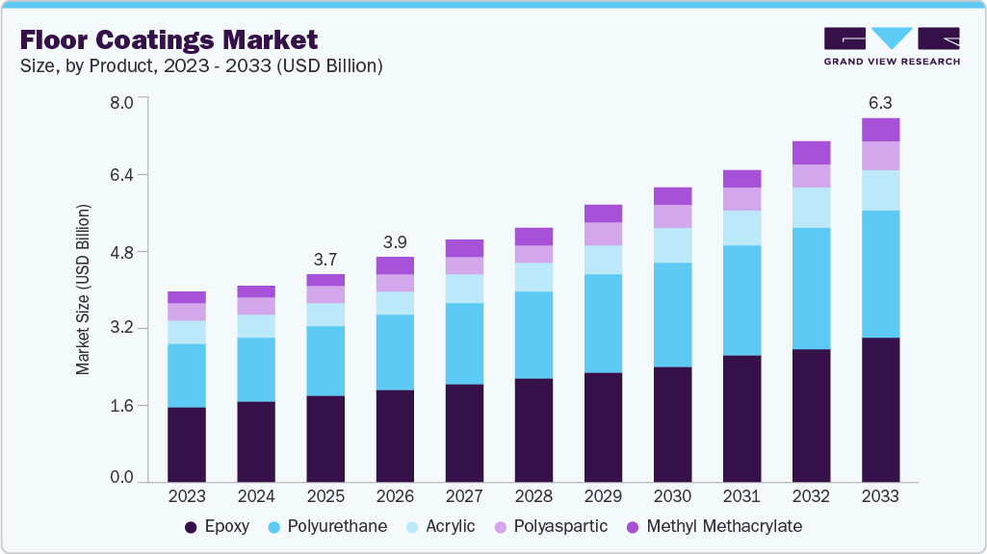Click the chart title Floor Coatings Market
(x=169, y=39)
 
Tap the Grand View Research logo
(x=891, y=46)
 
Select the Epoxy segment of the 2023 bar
(x=187, y=444)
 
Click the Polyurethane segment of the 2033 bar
(x=880, y=274)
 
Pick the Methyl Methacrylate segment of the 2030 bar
(x=672, y=196)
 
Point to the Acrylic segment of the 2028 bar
(x=533, y=277)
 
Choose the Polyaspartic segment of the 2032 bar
(x=811, y=176)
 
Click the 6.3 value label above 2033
(x=880, y=102)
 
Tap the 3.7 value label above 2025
(x=325, y=259)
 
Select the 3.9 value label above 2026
(x=395, y=240)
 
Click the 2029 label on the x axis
(x=603, y=496)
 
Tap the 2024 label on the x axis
(x=256, y=496)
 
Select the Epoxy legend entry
(x=217, y=527)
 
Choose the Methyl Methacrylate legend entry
(x=713, y=527)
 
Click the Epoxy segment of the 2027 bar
(x=464, y=433)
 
